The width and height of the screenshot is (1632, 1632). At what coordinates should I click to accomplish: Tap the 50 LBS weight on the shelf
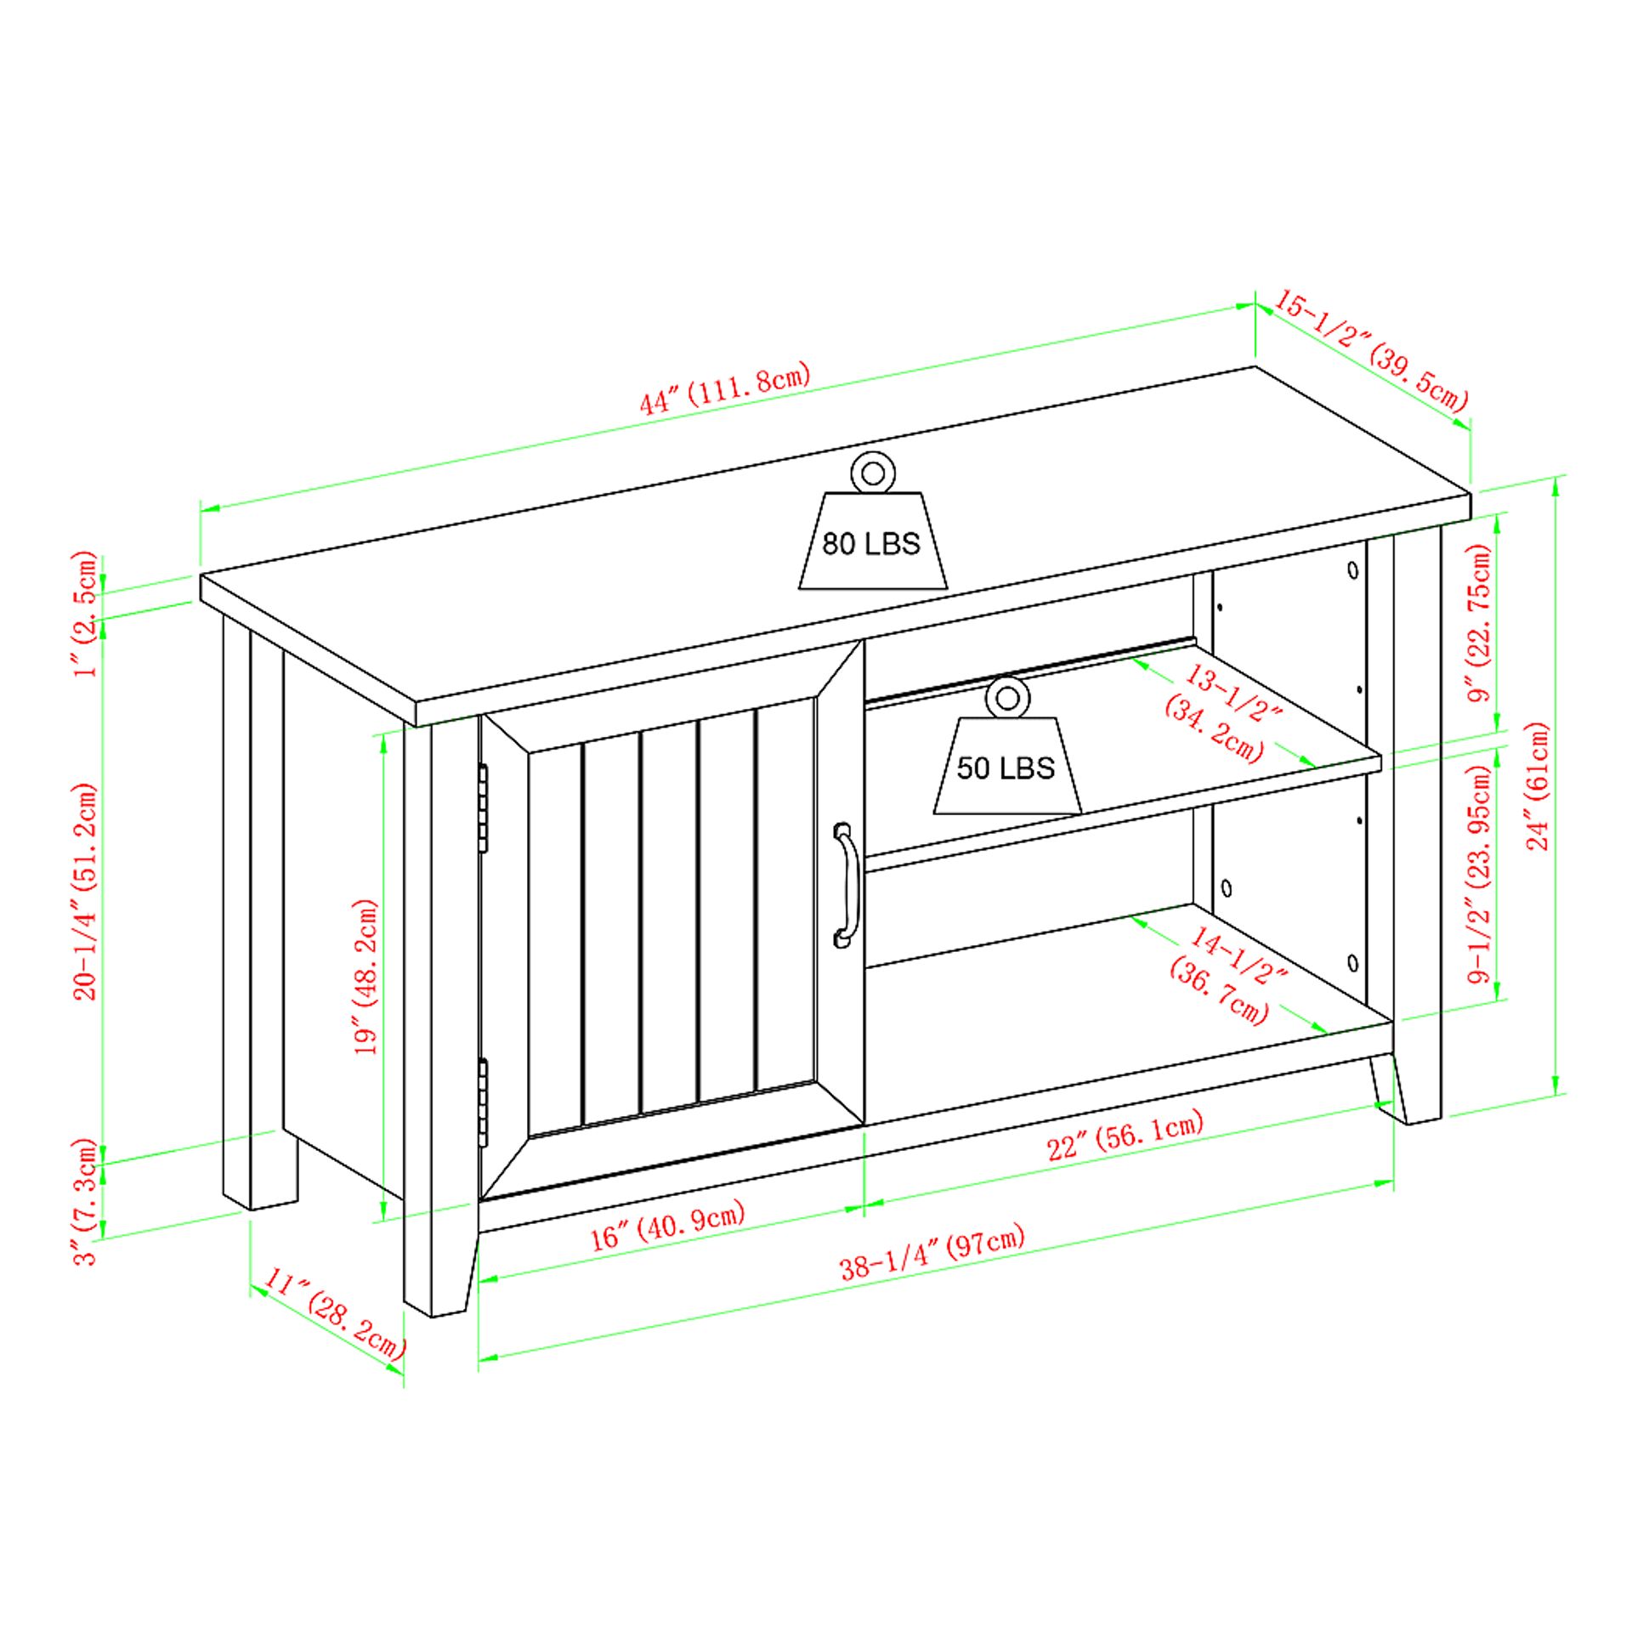pos(1006,747)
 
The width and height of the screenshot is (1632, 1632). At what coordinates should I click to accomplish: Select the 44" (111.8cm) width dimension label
pos(725,388)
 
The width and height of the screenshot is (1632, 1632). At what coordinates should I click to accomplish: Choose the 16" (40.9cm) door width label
pos(668,1225)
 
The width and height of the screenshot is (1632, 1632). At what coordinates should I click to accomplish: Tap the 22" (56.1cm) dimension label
pos(1125,1136)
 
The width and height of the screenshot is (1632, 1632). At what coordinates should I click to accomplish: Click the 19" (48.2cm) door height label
pos(366,977)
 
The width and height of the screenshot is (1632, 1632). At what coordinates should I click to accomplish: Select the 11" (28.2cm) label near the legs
pos(335,1312)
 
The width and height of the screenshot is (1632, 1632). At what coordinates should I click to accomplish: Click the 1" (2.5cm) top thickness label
pos(88,613)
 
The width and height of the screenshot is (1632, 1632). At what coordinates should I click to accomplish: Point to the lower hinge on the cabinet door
pos(484,1102)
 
